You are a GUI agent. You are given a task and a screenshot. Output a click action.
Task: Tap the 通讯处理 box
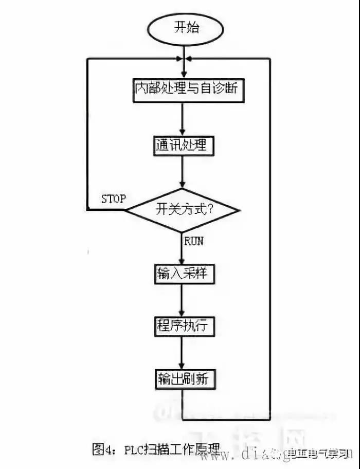pos(183,146)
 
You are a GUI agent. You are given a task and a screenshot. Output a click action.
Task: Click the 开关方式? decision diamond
pos(183,210)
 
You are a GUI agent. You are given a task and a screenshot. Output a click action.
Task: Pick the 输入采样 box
pos(183,273)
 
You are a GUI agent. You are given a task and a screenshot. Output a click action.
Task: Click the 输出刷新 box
pos(183,380)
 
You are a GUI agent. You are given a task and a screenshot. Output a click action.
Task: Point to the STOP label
pos(114,199)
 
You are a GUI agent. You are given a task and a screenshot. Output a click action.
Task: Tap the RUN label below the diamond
pos(194,241)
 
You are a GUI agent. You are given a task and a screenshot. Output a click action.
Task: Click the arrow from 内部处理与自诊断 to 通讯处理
pos(183,118)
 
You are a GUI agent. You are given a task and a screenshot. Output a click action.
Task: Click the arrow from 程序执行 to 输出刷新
pos(183,353)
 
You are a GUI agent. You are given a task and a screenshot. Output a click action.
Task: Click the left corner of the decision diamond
pos(128,210)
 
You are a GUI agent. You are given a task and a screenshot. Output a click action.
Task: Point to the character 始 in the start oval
pos(192,27)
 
